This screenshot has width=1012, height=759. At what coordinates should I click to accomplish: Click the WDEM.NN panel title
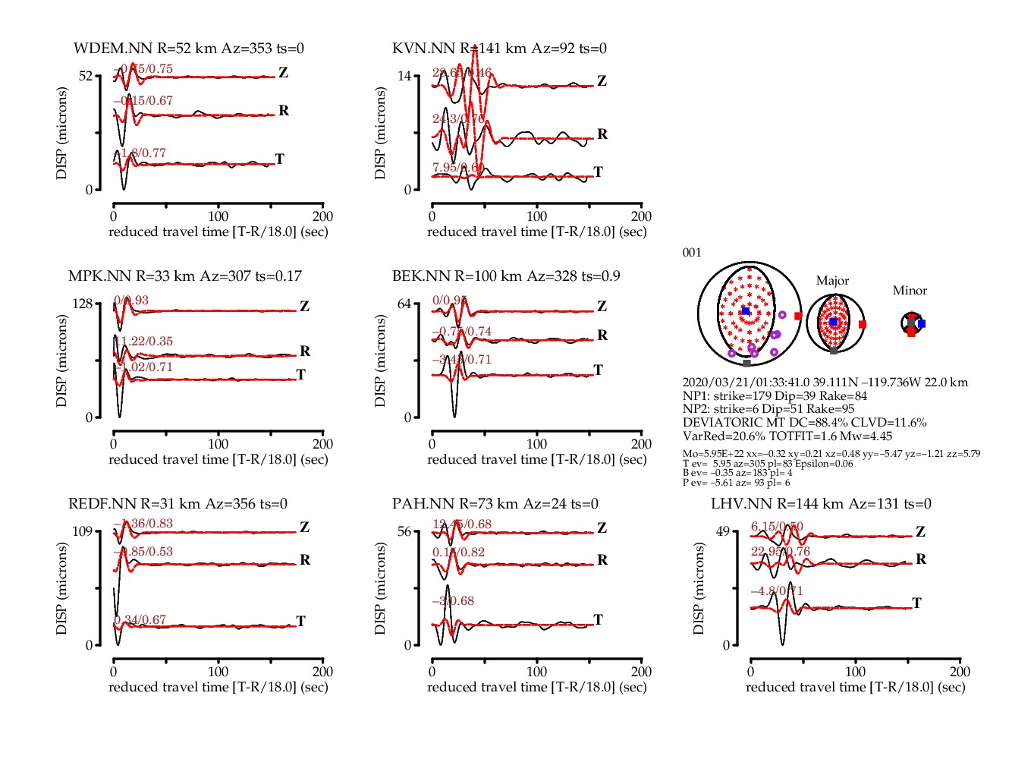(x=189, y=49)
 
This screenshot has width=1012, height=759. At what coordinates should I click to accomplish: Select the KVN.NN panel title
(x=499, y=49)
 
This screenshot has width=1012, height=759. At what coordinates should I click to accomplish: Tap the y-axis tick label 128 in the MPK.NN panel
(x=82, y=304)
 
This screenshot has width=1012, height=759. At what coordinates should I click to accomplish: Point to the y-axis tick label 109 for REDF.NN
(x=82, y=531)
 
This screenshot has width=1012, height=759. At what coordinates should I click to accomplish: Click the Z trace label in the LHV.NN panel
(x=920, y=532)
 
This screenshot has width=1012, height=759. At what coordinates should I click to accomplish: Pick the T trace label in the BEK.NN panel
(x=599, y=370)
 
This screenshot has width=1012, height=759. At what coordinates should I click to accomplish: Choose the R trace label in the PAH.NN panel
(x=602, y=560)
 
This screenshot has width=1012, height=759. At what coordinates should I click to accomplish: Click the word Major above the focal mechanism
(x=832, y=281)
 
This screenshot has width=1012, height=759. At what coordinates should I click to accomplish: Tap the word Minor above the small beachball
(x=910, y=291)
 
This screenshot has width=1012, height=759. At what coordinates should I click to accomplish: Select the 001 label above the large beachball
(x=692, y=253)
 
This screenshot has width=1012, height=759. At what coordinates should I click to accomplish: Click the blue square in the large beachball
(x=746, y=311)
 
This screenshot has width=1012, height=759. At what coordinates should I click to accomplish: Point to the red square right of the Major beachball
(x=863, y=324)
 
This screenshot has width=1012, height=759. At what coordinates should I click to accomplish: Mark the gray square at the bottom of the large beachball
(x=747, y=364)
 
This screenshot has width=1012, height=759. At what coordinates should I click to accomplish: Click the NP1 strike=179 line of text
(x=774, y=396)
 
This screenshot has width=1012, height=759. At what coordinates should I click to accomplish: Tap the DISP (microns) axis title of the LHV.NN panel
(x=699, y=588)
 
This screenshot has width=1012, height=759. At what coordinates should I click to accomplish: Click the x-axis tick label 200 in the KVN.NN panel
(x=641, y=216)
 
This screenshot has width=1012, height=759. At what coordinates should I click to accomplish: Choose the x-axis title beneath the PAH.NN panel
(x=536, y=687)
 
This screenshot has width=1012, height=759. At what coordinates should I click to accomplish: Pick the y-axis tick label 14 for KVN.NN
(x=404, y=76)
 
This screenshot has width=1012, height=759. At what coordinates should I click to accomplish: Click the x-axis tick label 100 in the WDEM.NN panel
(x=218, y=216)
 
